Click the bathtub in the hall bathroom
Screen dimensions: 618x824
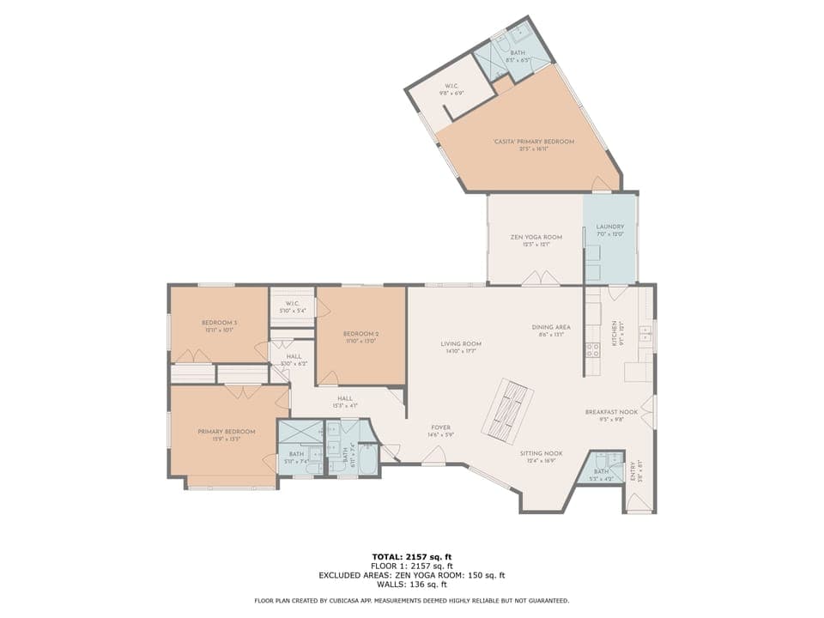tap(368, 459)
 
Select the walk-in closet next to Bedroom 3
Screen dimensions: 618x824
tap(292, 306)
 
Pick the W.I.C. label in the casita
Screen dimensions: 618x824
tap(452, 88)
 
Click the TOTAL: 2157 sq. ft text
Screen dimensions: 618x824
tap(411, 557)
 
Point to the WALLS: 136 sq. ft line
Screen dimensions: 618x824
tap(411, 585)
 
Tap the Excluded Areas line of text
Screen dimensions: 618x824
tap(411, 575)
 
